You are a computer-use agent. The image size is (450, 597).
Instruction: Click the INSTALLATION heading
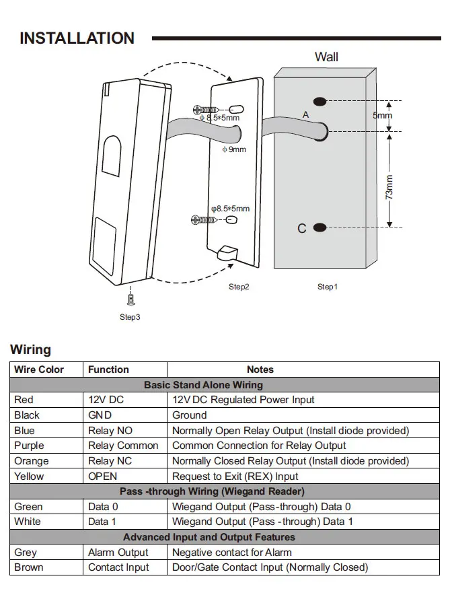(x=77, y=38)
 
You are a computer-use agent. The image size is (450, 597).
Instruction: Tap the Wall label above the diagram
(x=326, y=57)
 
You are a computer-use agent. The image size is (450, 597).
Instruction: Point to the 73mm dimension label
(x=389, y=187)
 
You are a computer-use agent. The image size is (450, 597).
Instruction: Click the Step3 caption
(x=130, y=317)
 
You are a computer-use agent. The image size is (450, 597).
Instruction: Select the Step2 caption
(x=239, y=287)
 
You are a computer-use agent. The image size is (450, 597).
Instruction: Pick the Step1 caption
(x=328, y=287)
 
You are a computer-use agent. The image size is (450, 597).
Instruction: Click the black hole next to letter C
(x=320, y=227)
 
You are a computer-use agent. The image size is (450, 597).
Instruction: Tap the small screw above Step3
(x=131, y=300)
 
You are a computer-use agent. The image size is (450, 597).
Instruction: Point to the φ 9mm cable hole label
(x=234, y=149)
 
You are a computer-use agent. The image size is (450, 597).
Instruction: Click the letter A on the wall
(x=306, y=114)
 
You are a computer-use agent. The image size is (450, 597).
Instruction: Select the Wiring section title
(x=30, y=349)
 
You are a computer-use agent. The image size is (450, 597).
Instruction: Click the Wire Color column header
(x=39, y=370)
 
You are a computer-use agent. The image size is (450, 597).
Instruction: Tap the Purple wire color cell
(x=29, y=446)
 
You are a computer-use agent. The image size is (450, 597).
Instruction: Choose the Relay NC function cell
(x=110, y=460)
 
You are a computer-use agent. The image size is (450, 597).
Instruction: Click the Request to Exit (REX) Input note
(x=235, y=477)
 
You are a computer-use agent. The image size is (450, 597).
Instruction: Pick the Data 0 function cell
(x=103, y=506)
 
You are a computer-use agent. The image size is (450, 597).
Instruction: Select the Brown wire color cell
(x=28, y=567)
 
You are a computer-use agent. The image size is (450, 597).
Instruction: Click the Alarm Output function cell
(x=118, y=552)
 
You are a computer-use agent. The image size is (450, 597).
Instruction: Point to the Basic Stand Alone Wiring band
(x=225, y=384)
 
